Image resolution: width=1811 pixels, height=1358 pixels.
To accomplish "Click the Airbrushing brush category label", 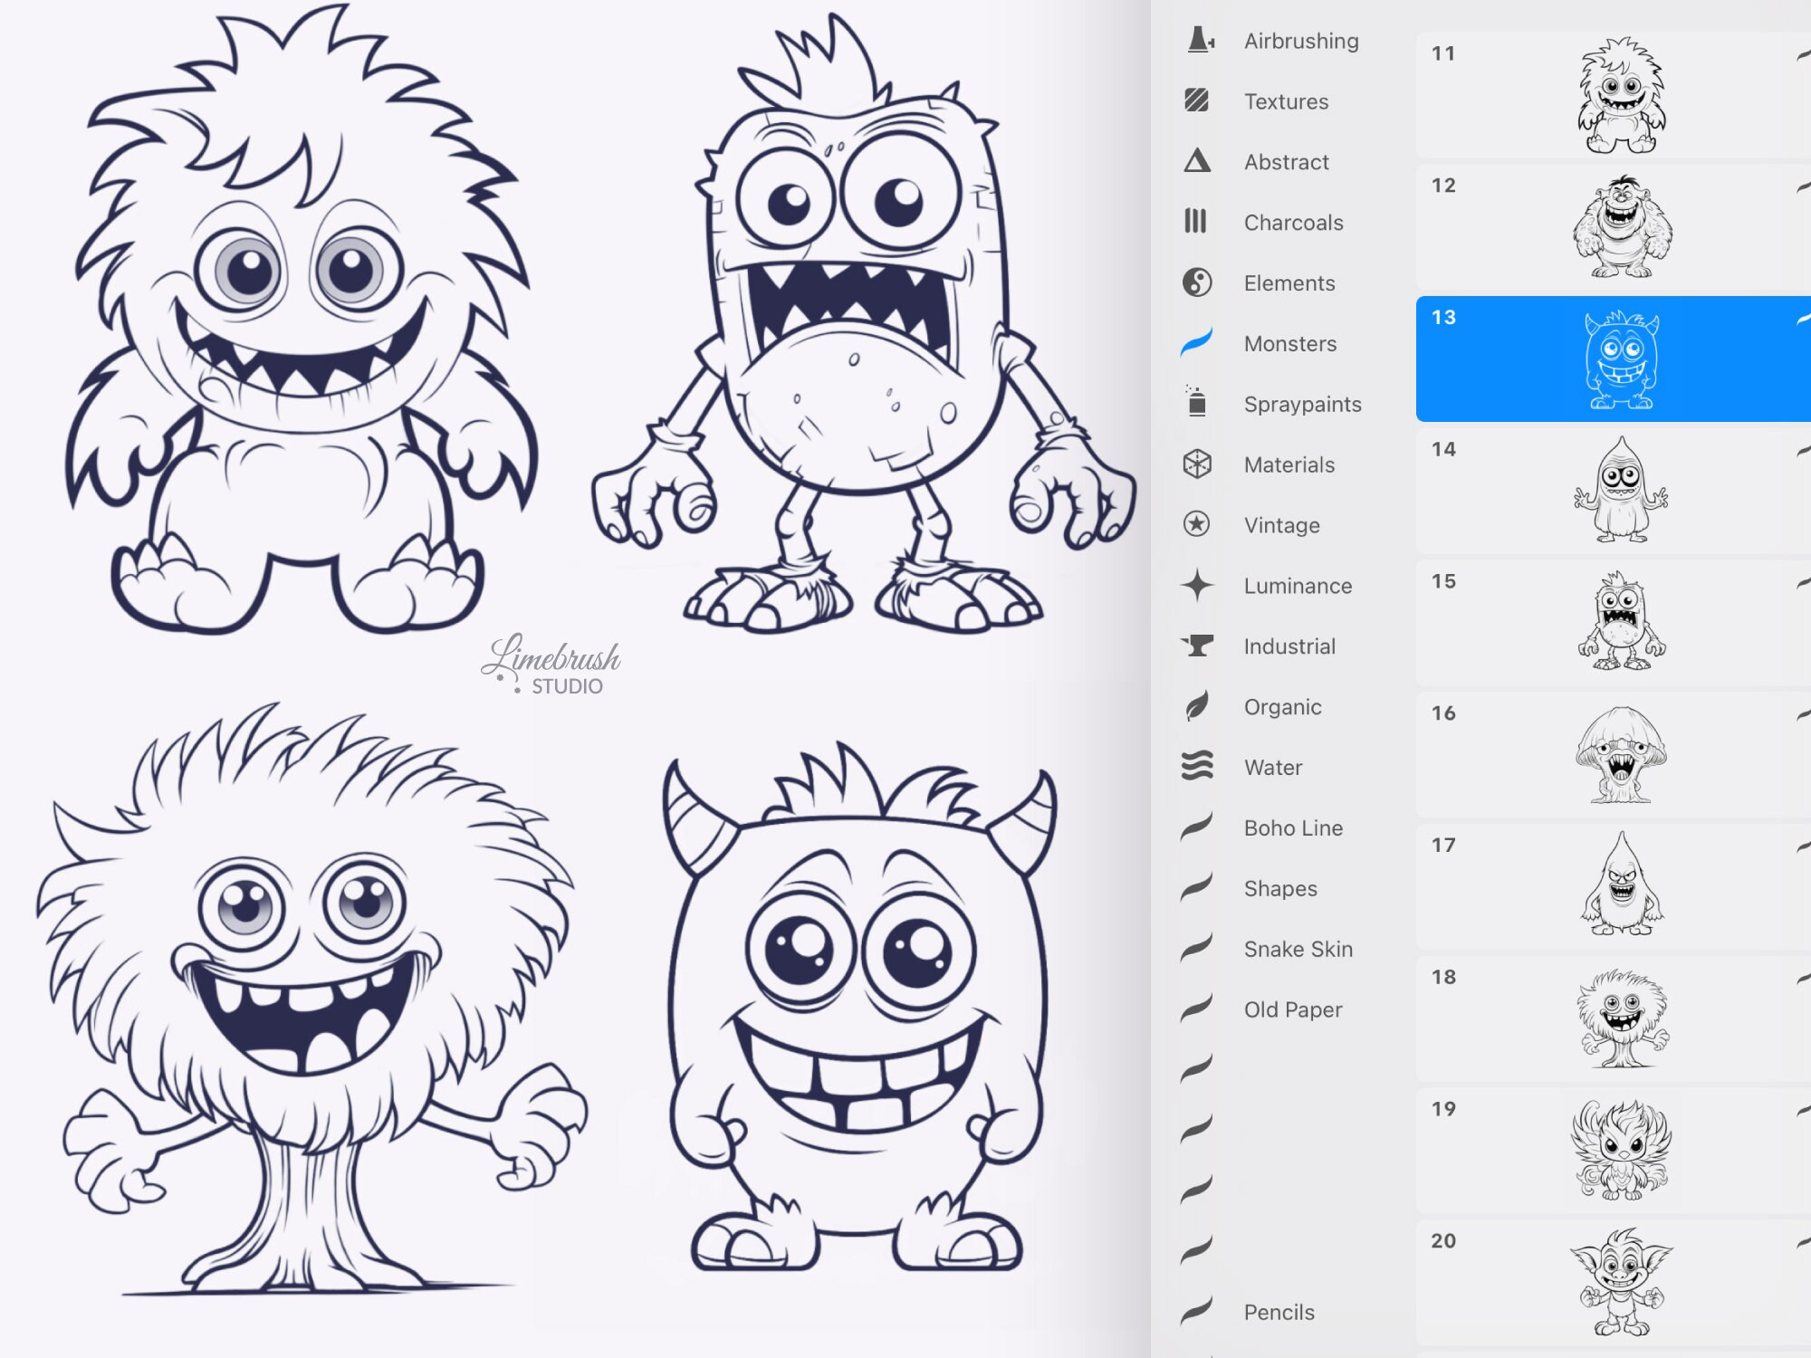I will click(1300, 41).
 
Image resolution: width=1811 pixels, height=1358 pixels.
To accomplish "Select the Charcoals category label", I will click(1293, 223).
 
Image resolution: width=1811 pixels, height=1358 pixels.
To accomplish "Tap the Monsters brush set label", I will click(1289, 344).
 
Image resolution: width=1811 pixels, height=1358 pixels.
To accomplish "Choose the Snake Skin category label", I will click(1298, 949).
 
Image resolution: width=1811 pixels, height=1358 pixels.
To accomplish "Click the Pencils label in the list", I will click(1279, 1312).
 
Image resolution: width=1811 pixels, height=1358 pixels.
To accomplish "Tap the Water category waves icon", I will click(1196, 767).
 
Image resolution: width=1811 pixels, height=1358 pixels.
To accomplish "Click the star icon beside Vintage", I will click(1196, 524).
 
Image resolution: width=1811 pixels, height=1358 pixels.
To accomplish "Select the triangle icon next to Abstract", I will click(1196, 162).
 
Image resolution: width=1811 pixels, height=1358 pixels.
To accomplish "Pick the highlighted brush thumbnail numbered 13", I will click(1621, 359).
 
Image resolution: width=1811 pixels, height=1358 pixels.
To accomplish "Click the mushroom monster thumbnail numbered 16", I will click(1621, 755).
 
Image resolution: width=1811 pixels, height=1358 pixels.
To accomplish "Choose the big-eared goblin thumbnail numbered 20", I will click(1621, 1282).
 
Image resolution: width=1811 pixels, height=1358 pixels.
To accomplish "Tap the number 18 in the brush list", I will click(1443, 977).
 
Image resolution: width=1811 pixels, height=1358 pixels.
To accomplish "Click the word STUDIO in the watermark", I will click(567, 686).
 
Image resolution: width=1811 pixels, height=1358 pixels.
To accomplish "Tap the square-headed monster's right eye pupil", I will click(898, 201).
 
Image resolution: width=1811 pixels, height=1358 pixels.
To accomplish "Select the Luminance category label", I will click(1297, 586).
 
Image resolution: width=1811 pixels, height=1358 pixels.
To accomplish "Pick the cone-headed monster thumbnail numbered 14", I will click(1621, 491).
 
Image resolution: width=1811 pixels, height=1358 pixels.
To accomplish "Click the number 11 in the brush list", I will click(1443, 53).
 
